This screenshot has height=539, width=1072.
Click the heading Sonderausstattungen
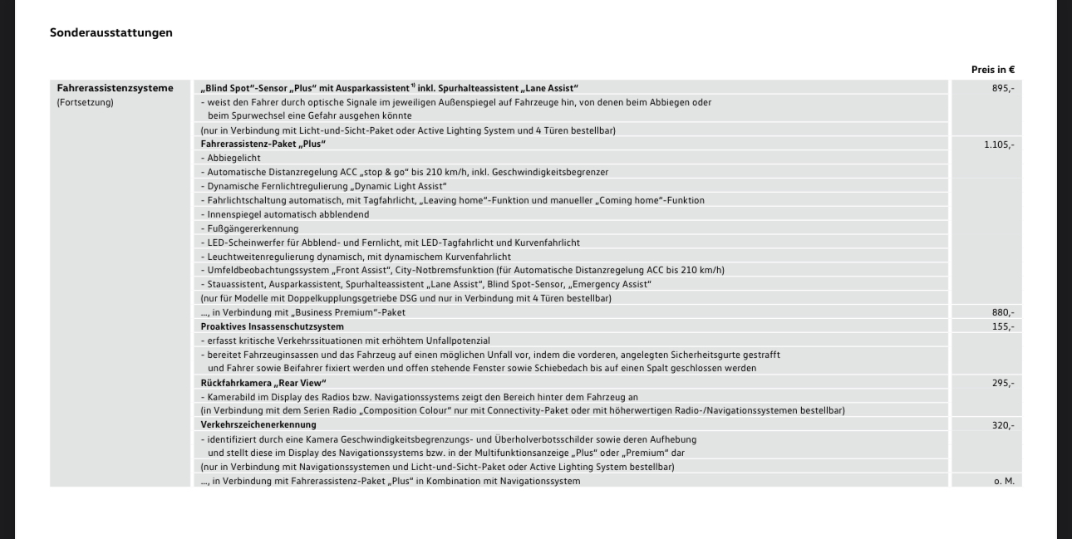pyautogui.click(x=111, y=32)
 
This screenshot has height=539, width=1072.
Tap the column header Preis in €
pyautogui.click(x=993, y=70)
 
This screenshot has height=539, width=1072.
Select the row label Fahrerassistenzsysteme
pyautogui.click(x=116, y=88)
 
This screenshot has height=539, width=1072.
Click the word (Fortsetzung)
pyautogui.click(x=85, y=102)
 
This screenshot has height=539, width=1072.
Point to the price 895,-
pyautogui.click(x=1002, y=88)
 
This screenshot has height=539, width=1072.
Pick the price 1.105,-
pyautogui.click(x=999, y=144)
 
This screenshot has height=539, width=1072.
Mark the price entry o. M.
pyautogui.click(x=1004, y=481)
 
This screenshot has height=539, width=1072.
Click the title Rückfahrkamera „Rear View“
pyautogui.click(x=263, y=383)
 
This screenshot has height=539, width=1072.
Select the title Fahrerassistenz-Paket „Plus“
pyautogui.click(x=263, y=144)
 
